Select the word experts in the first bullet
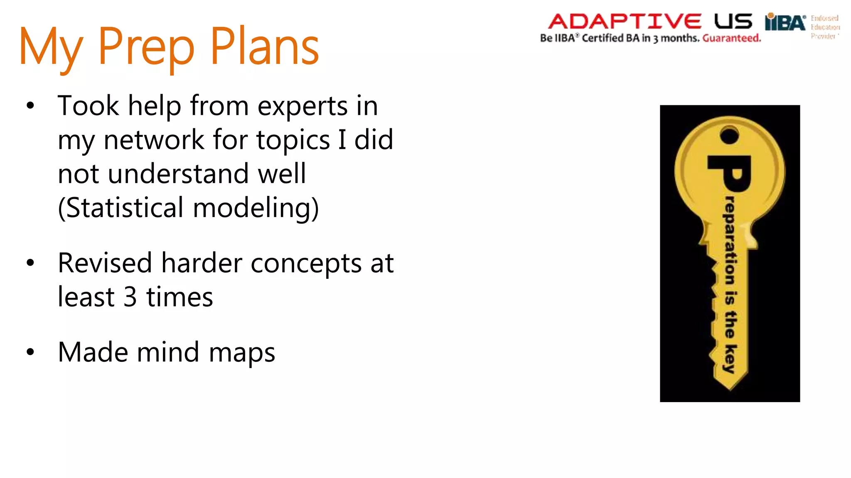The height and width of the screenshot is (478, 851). pos(303,106)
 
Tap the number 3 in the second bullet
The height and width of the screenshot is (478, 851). pos(130,297)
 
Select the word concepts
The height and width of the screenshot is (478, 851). pos(306,264)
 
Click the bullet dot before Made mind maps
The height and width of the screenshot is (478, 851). pos(30,352)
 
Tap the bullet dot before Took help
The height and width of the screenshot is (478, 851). pos(30,106)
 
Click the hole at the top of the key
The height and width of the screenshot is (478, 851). pos(729,135)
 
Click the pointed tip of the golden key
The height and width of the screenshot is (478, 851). pos(730,388)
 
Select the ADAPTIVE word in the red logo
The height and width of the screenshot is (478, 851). pos(625,21)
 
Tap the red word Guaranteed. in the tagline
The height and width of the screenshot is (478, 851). pos(732,38)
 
